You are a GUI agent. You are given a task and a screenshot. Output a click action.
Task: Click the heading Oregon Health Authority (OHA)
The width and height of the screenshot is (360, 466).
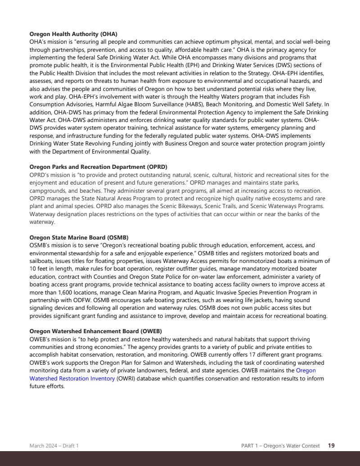point(73,34)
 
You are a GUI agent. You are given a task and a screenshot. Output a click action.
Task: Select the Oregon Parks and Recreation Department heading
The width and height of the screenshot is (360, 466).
point(98,167)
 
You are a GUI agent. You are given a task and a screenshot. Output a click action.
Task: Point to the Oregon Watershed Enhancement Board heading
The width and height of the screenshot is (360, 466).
point(95,331)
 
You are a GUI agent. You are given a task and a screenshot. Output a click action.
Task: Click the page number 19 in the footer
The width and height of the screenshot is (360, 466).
point(331,446)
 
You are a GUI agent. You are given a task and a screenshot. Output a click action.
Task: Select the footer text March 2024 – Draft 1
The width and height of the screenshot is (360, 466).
point(54,446)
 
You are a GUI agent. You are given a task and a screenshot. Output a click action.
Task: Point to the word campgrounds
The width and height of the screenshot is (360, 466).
point(47,190)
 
